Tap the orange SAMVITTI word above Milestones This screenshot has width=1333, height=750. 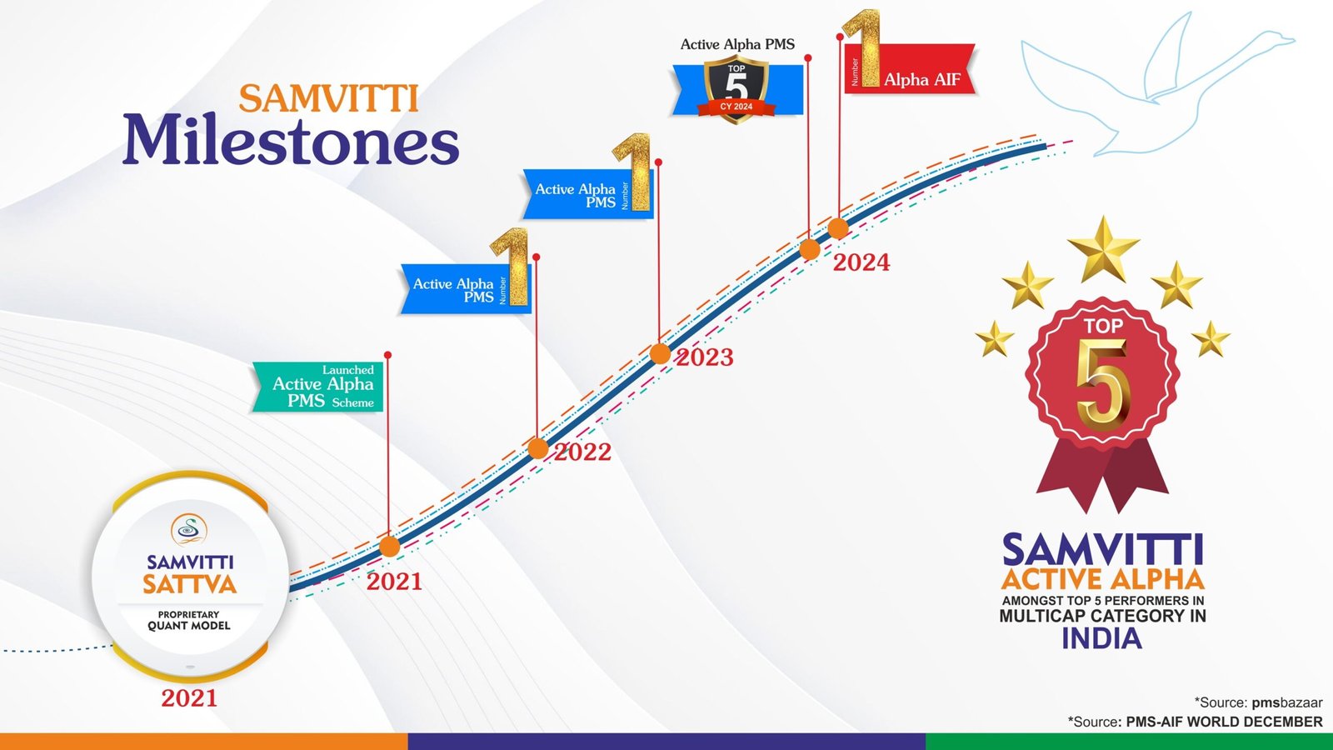pyautogui.click(x=329, y=98)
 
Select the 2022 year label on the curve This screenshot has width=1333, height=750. pyautogui.click(x=583, y=452)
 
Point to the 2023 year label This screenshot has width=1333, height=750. pyautogui.click(x=705, y=357)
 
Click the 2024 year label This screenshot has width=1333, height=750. pyautogui.click(x=861, y=262)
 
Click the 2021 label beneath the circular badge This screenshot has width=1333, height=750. pyautogui.click(x=189, y=698)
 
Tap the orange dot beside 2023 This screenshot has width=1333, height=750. pyautogui.click(x=660, y=353)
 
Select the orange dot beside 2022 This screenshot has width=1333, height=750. pyautogui.click(x=538, y=448)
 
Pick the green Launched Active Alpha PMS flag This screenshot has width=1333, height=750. pyautogui.click(x=317, y=387)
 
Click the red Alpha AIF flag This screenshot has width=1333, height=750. pyautogui.click(x=911, y=69)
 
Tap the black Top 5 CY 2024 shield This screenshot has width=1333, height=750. pyautogui.click(x=736, y=88)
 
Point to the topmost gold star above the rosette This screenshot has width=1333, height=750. pyautogui.click(x=1104, y=249)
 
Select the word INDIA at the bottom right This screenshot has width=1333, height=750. pyautogui.click(x=1102, y=638)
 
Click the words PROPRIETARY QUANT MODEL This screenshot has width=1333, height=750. pyautogui.click(x=188, y=620)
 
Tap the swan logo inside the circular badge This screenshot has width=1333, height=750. pyautogui.click(x=189, y=530)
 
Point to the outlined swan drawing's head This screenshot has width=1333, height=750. pyautogui.click(x=1280, y=39)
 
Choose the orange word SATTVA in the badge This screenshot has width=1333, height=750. pyautogui.click(x=189, y=584)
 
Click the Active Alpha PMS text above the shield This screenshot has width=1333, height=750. pyautogui.click(x=737, y=44)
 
